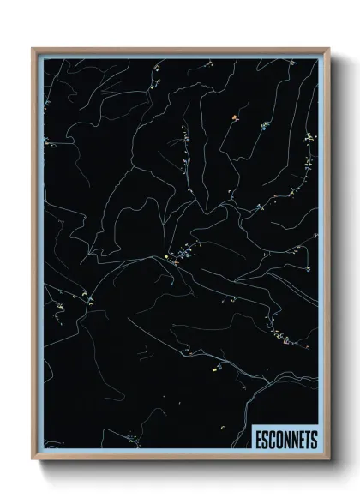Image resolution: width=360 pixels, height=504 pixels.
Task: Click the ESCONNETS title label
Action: click(x=285, y=439)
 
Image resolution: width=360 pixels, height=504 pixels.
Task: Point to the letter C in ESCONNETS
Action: click(x=272, y=439)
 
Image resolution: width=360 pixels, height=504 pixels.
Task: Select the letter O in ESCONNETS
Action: click(x=279, y=439)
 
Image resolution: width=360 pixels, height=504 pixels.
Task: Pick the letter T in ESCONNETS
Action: click(x=307, y=439)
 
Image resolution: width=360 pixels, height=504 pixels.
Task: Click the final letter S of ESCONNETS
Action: click(x=314, y=439)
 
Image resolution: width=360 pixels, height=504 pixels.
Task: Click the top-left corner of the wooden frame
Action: click(x=33, y=49)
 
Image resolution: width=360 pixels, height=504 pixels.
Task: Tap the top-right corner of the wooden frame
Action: click(x=328, y=49)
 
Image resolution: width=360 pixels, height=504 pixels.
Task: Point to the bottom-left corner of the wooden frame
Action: click(x=33, y=459)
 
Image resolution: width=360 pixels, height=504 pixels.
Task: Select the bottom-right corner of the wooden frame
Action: click(x=328, y=459)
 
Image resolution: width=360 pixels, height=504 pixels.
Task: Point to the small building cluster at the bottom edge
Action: click(x=131, y=442)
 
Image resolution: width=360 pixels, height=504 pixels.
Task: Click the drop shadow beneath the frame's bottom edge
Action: click(x=184, y=467)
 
